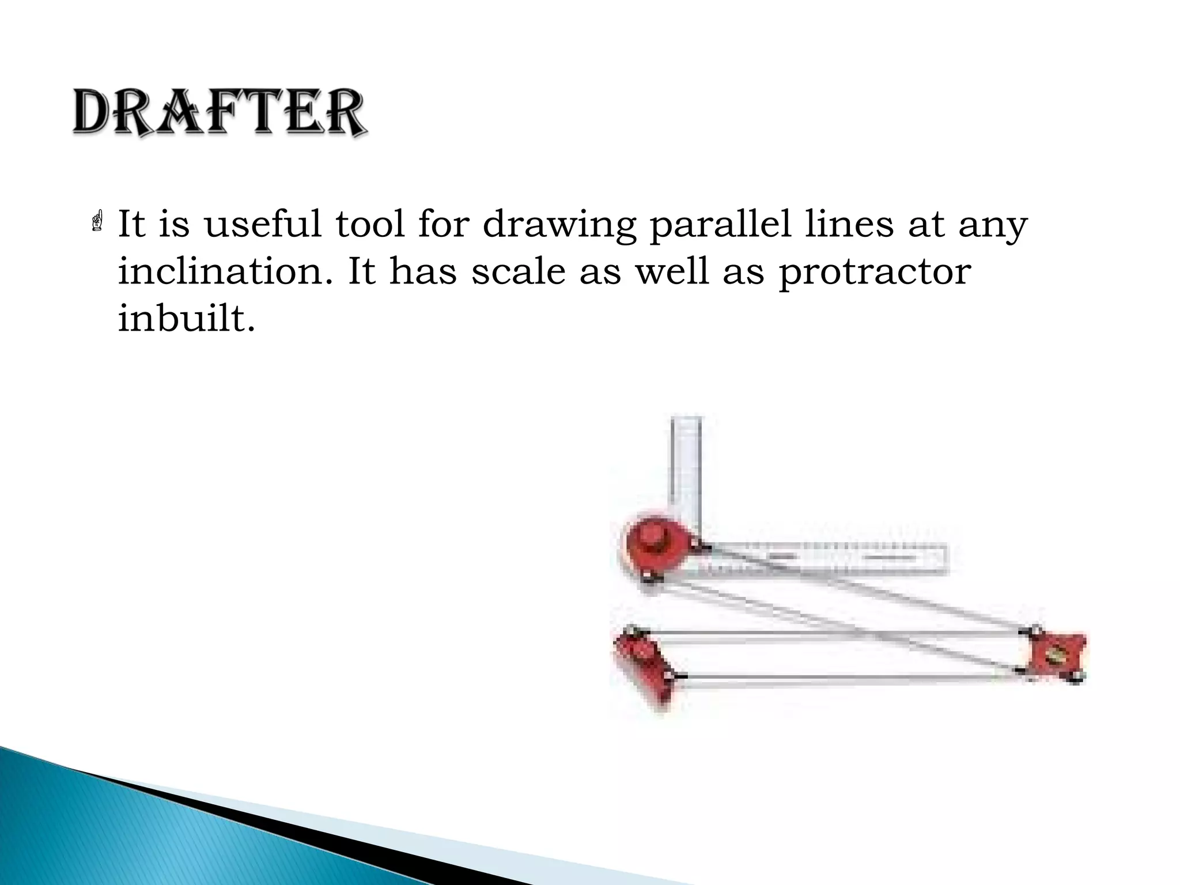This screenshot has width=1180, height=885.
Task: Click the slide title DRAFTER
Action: tap(219, 113)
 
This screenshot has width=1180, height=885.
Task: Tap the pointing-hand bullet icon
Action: tap(97, 222)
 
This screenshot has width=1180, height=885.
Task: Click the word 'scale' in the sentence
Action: tap(518, 271)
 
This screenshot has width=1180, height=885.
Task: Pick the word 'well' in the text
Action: tap(672, 271)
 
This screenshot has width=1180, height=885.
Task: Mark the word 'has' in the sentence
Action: tap(423, 271)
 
